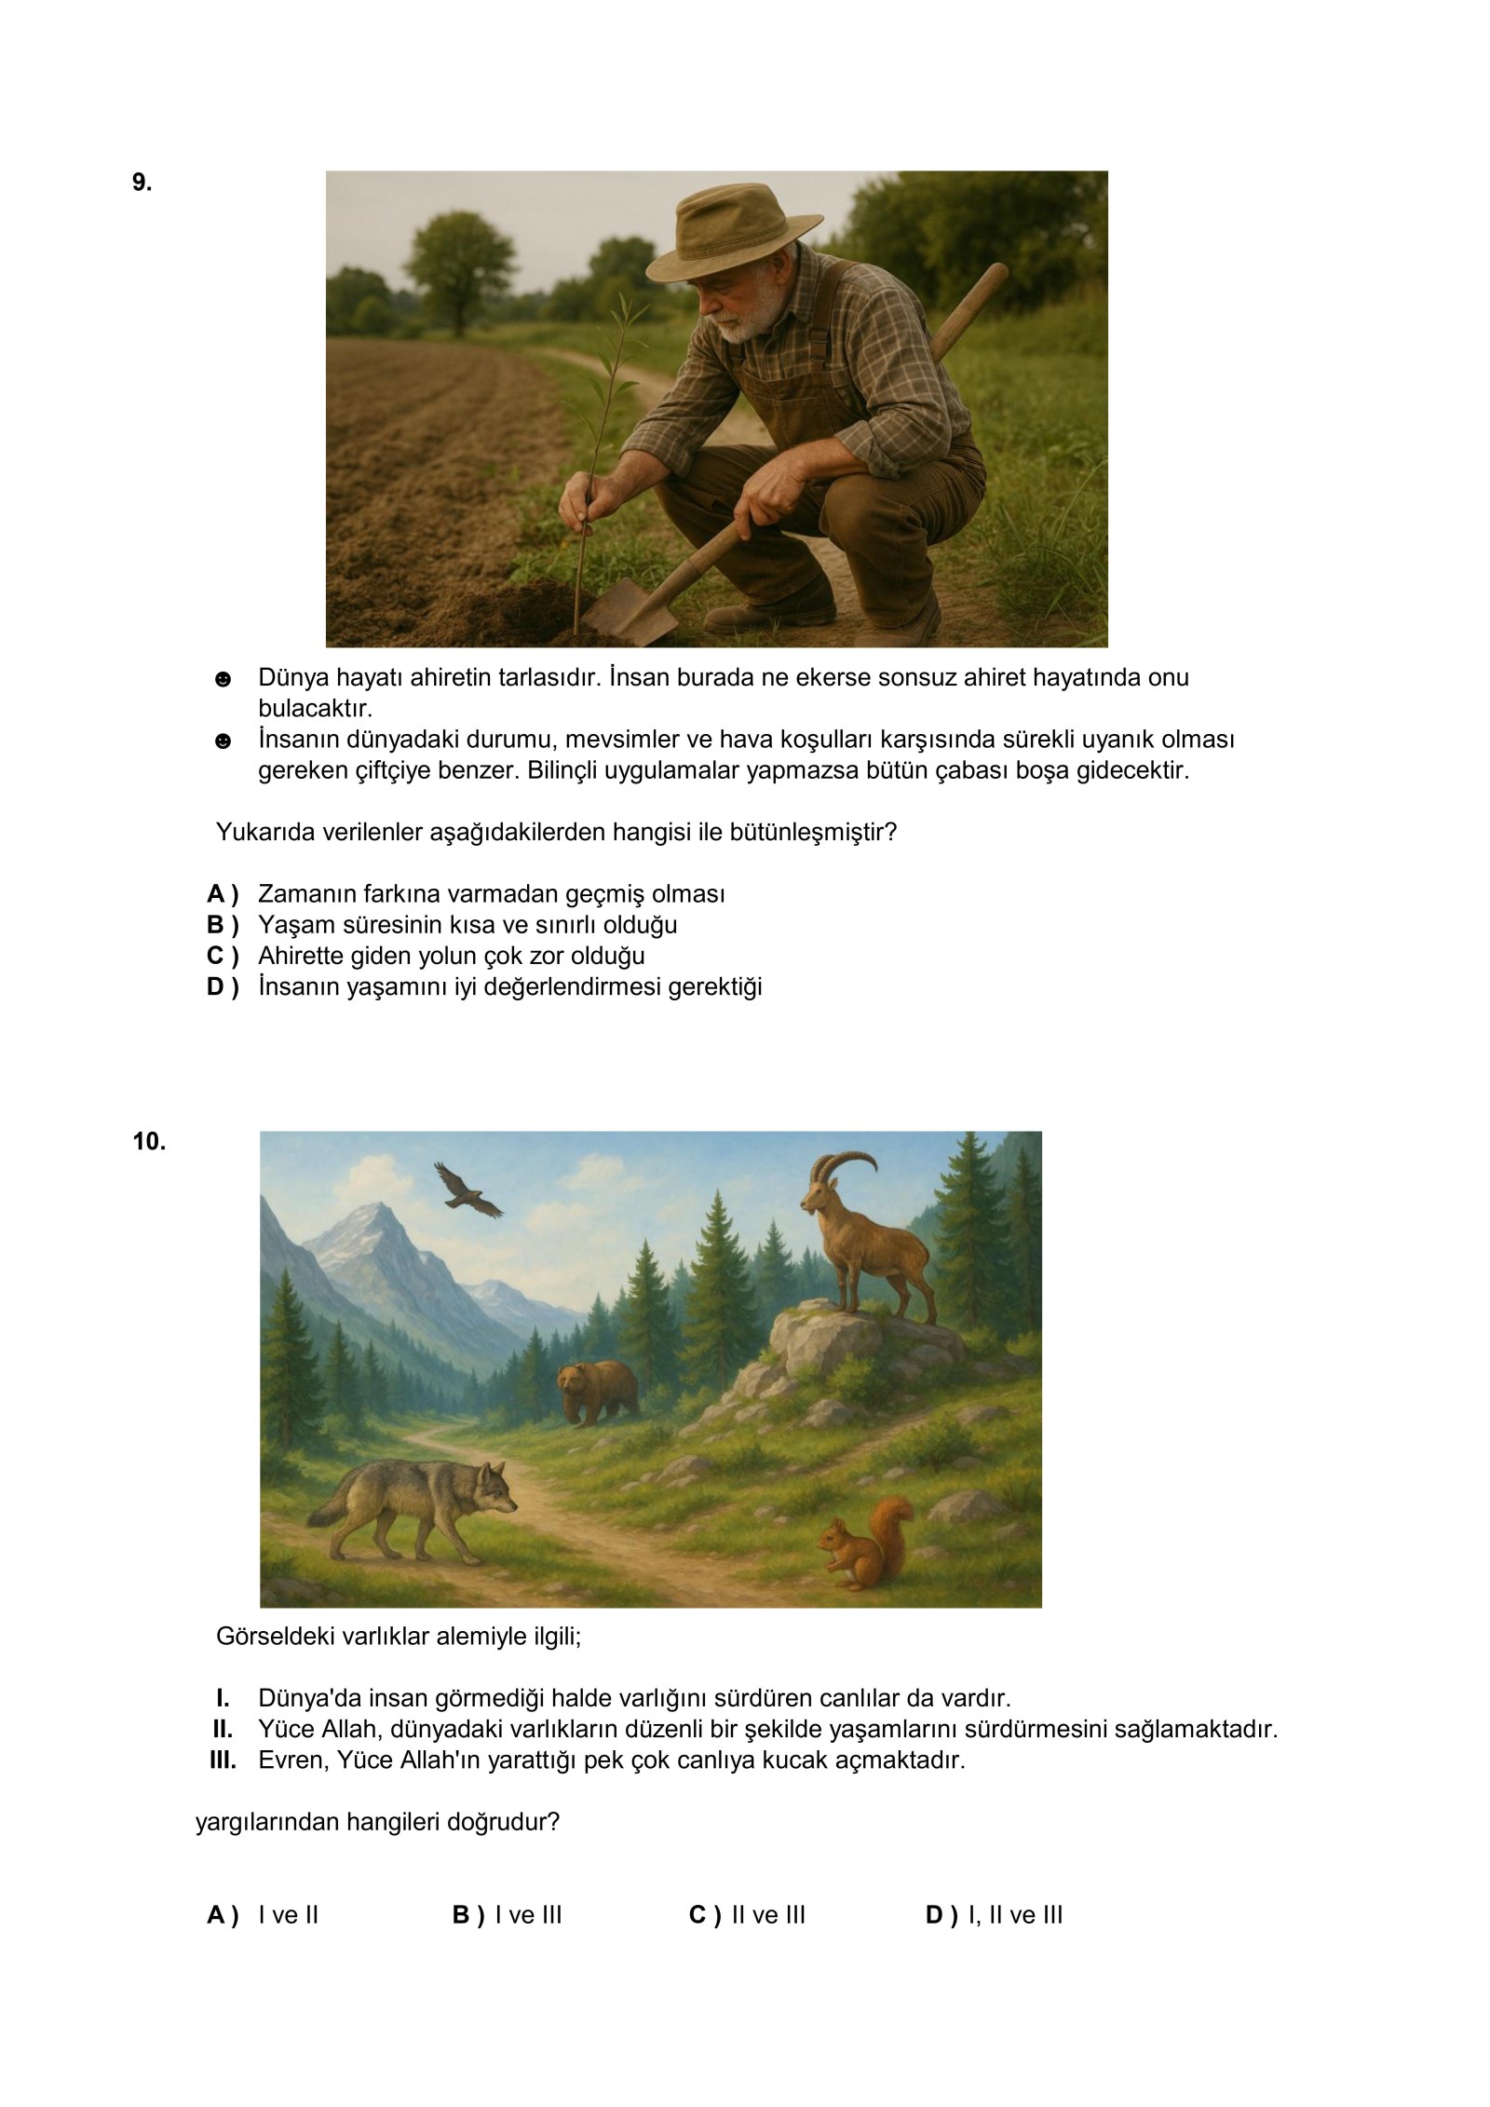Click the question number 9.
coord(142,183)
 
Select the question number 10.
coord(149,1141)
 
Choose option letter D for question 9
coord(223,986)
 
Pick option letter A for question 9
coord(223,894)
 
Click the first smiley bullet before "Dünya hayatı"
coord(223,679)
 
